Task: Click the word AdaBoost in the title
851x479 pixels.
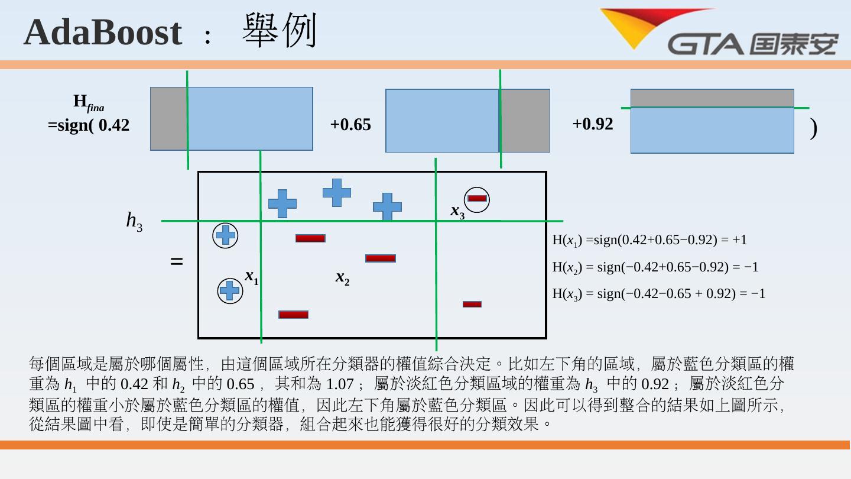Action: coord(102,32)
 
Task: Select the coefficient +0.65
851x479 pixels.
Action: coord(350,125)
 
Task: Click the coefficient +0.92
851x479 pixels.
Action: coord(593,124)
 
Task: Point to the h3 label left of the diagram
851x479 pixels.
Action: coord(134,221)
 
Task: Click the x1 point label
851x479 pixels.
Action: coord(252,276)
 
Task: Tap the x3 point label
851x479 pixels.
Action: coord(457,211)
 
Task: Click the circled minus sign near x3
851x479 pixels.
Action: coord(477,199)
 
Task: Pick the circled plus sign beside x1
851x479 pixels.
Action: coord(230,290)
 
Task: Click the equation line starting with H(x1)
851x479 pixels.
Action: coord(649,240)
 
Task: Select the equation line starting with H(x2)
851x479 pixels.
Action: coord(655,267)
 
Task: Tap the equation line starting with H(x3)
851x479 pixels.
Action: coord(658,293)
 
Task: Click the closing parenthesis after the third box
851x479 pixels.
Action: coord(814,128)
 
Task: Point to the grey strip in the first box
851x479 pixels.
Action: coord(168,119)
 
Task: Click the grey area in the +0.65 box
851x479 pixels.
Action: coord(525,121)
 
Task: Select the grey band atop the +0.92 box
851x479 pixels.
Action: coord(712,98)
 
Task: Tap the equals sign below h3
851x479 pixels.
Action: coord(176,261)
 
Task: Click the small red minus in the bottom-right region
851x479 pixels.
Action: coord(472,304)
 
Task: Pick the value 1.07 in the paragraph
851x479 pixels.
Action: coord(340,384)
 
